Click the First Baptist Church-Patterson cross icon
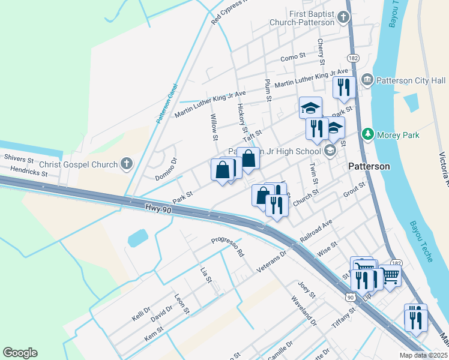[344, 16]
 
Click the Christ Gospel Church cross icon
[126, 163]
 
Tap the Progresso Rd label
[228, 247]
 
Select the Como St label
[293, 58]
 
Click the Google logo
[20, 353]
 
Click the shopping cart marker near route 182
[390, 277]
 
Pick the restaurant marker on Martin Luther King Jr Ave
[343, 88]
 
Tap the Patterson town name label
[369, 166]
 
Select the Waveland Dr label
[304, 310]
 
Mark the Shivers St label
[21, 157]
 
